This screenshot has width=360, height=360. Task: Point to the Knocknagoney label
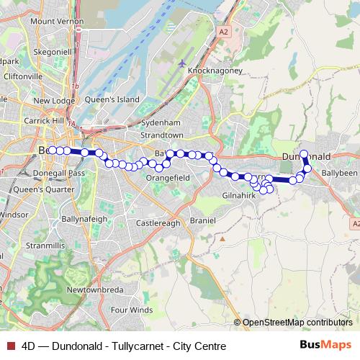[214, 71]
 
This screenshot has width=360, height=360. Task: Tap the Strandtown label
[163, 135]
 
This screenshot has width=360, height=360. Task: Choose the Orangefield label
[167, 177]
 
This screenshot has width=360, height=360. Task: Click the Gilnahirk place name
[240, 195]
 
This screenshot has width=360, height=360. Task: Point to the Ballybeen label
[339, 174]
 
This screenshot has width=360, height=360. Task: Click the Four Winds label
[131, 310]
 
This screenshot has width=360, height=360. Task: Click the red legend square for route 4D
[11, 346]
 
